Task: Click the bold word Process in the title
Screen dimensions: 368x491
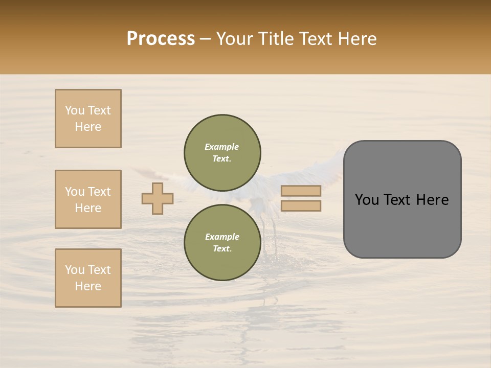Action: [161, 39]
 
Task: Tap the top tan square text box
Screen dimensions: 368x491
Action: [88, 119]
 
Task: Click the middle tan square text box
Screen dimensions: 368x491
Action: [88, 199]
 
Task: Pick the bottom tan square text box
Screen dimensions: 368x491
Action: [88, 278]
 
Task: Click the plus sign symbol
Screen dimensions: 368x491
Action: [158, 198]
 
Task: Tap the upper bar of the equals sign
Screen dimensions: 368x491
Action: [301, 191]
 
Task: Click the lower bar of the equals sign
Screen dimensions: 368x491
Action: [301, 206]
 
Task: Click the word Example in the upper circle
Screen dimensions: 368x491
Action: [222, 147]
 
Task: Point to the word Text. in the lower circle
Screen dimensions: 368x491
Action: [222, 249]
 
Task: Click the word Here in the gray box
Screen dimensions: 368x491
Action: [432, 200]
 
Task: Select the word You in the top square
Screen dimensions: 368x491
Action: [75, 110]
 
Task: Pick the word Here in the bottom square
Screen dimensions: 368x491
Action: [88, 286]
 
